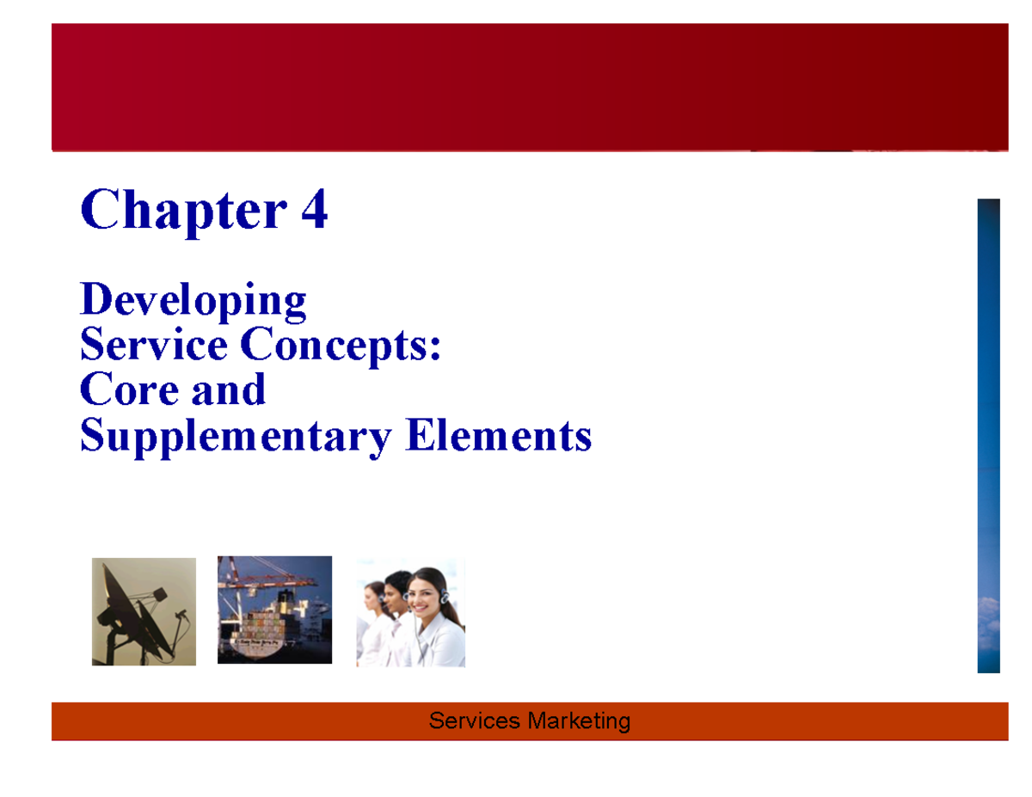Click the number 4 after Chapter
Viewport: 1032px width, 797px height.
coord(313,211)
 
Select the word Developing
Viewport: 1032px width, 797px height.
coord(193,301)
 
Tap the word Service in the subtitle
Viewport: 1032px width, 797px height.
coord(153,346)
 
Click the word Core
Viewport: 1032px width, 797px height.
coord(125,390)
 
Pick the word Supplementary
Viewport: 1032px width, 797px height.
coord(234,437)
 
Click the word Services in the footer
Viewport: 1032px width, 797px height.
coord(474,720)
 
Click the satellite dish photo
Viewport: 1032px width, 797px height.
coord(144,611)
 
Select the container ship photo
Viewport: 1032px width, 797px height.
coord(274,610)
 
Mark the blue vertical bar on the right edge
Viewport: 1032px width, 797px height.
coord(988,435)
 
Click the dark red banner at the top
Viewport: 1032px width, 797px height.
coord(529,87)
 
